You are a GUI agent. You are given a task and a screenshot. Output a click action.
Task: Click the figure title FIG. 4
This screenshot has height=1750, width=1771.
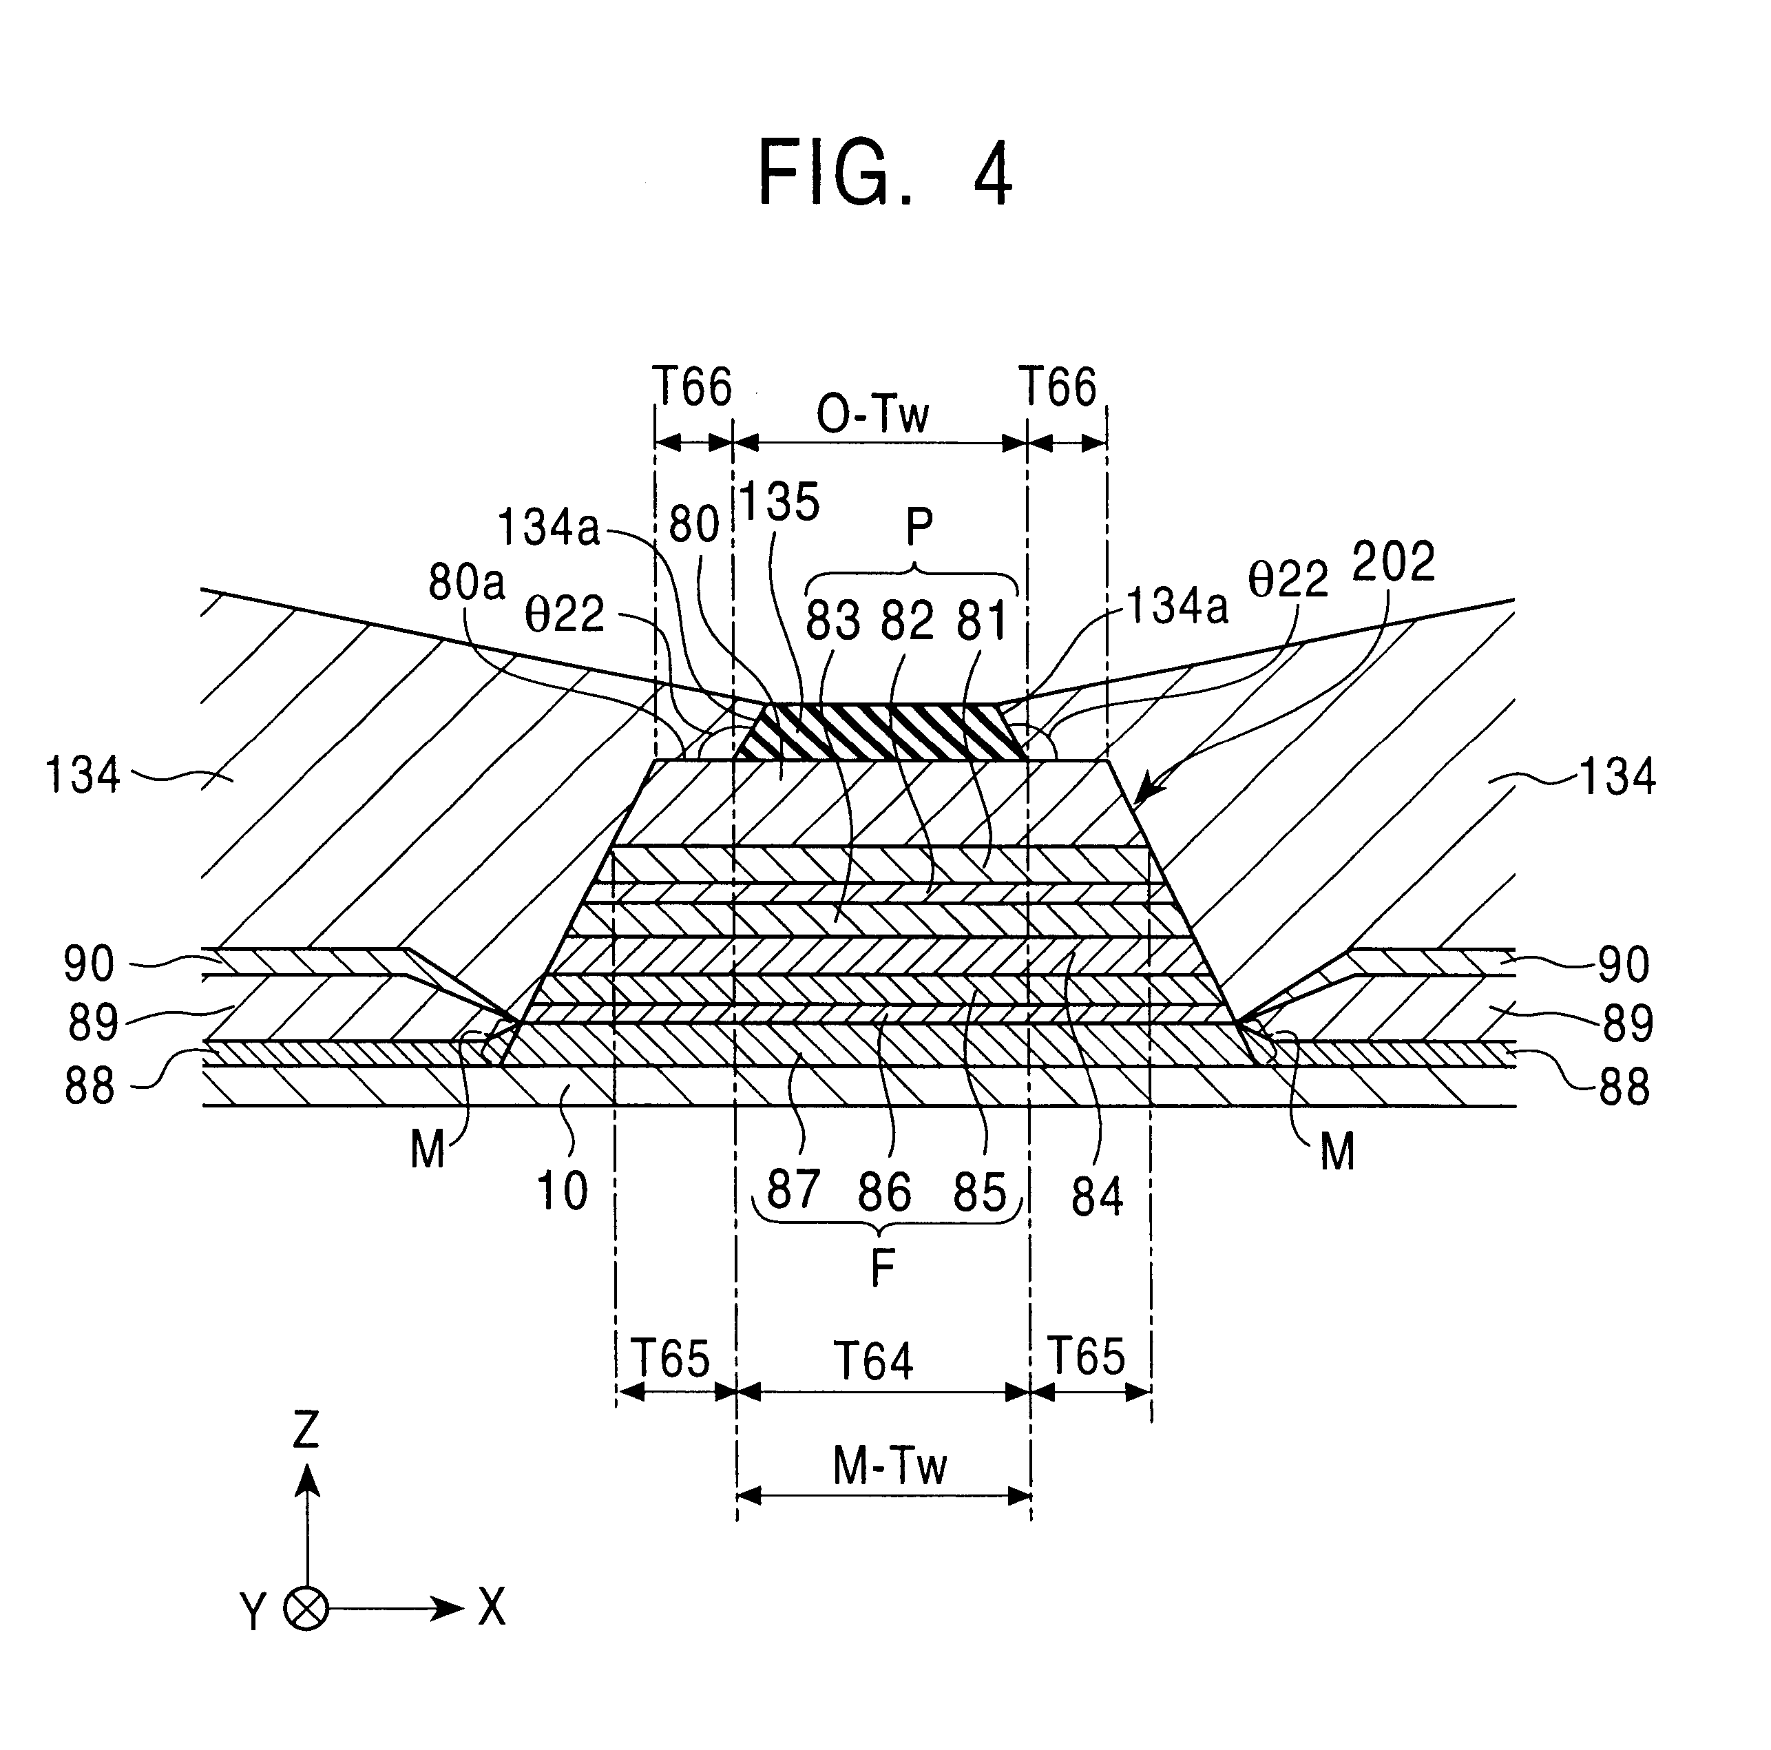885,174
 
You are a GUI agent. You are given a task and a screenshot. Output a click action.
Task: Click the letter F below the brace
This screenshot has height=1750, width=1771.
882,1269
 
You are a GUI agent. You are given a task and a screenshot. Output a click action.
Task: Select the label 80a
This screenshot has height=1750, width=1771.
467,582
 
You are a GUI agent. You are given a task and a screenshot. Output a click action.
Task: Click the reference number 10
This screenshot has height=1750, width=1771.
561,1191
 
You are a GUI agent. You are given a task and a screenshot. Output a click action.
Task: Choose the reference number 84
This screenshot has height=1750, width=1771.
1096,1196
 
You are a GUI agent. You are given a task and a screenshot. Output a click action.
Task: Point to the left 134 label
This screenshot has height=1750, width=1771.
83,775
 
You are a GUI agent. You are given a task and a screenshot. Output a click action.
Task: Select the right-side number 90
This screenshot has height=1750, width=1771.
1624,964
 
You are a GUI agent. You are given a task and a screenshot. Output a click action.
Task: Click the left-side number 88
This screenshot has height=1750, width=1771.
89,1087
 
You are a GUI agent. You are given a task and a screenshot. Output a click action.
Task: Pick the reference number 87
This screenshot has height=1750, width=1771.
793,1191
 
